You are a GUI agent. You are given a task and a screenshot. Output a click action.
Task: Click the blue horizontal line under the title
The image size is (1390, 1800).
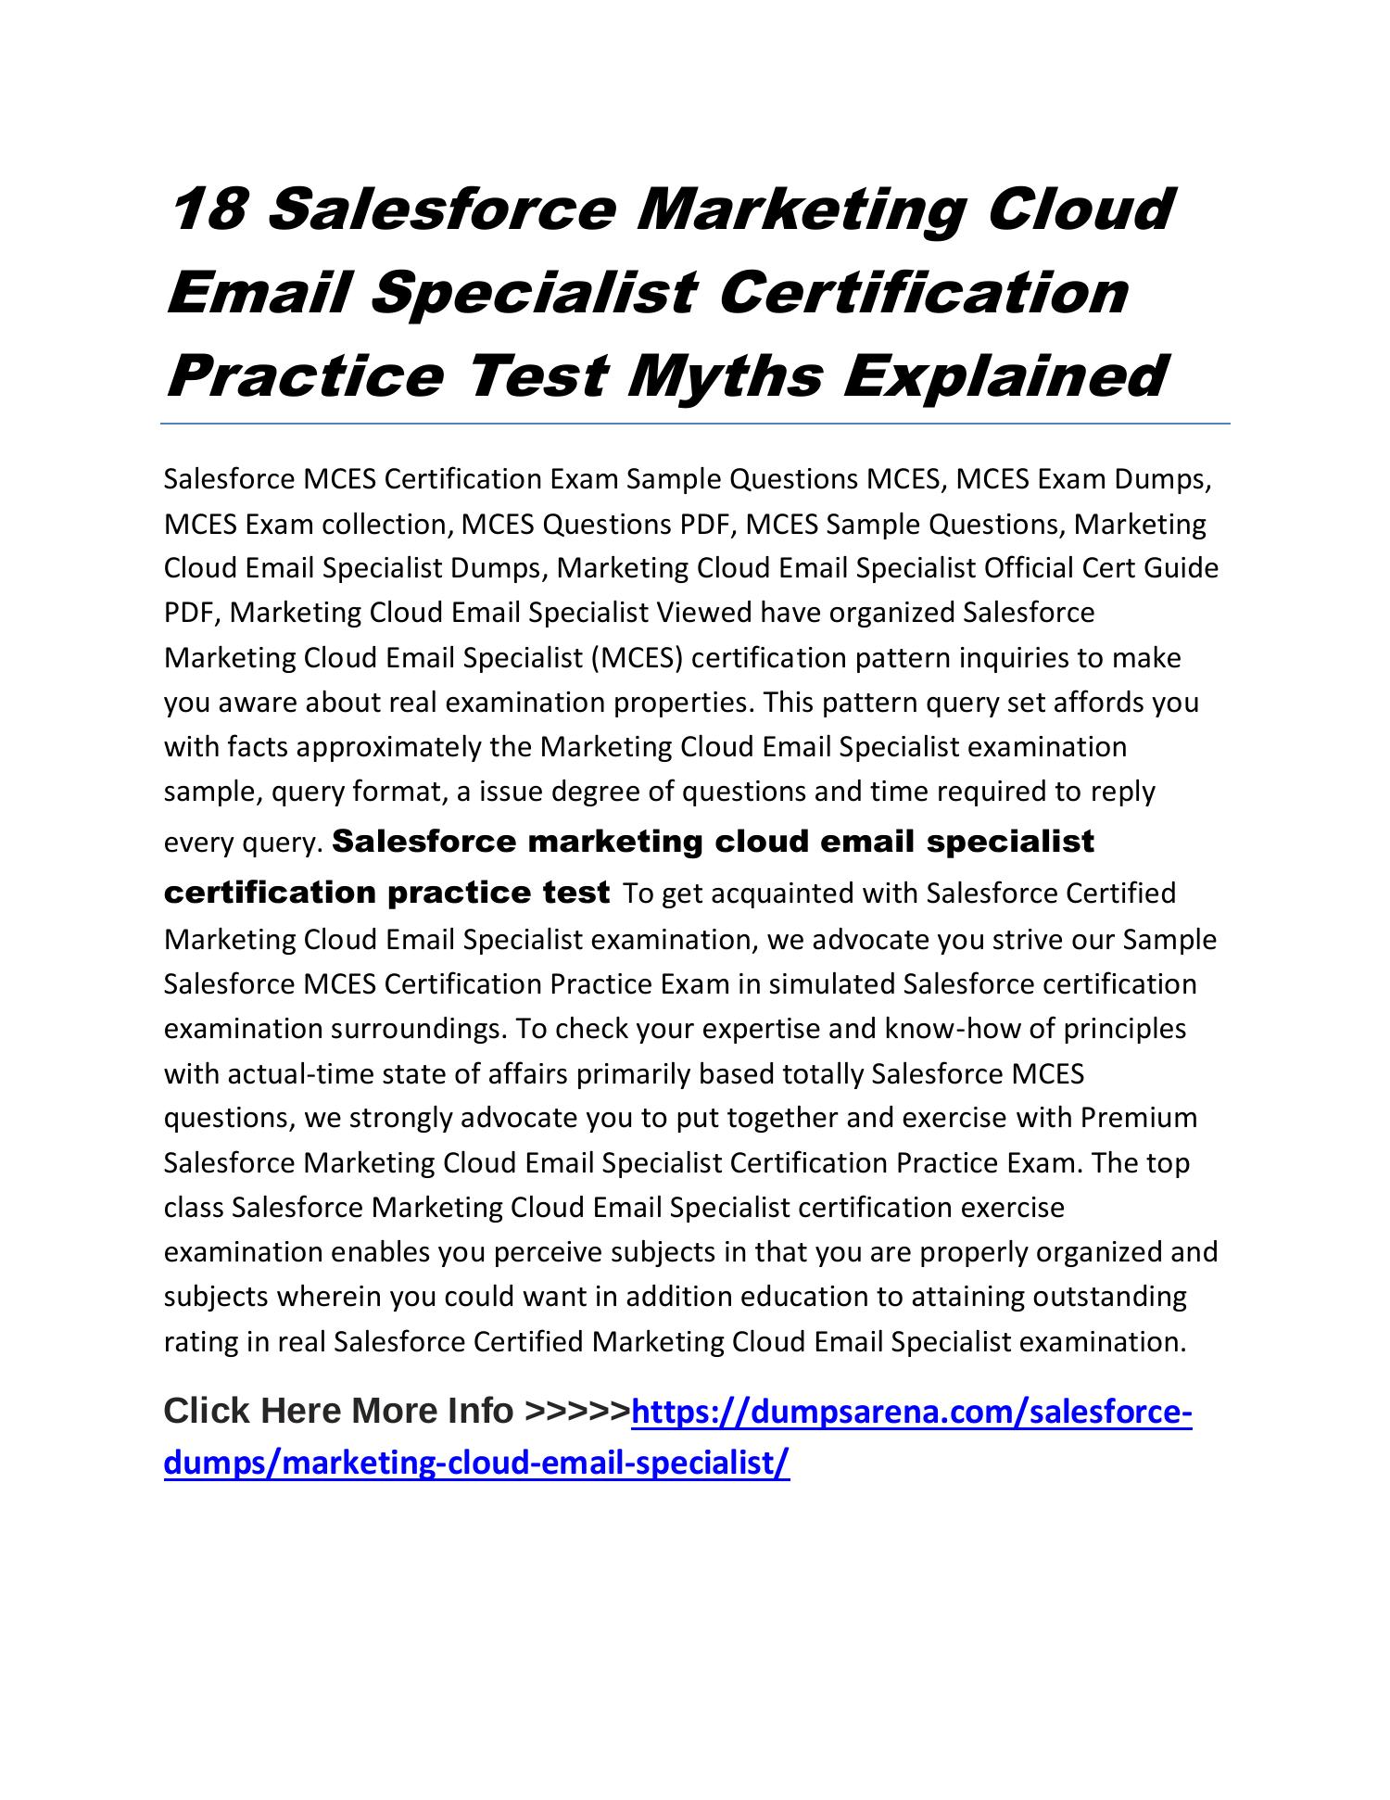coord(695,425)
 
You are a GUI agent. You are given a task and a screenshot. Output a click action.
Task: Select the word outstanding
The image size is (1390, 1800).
coord(1109,1297)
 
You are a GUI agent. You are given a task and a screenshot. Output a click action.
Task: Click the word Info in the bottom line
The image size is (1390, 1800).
coord(480,1412)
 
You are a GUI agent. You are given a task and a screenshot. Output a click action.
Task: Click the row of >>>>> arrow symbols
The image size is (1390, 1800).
coord(576,1412)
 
